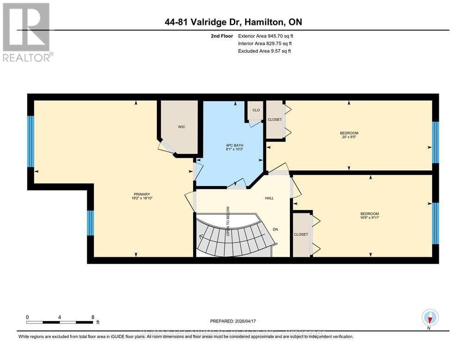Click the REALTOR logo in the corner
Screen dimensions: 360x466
(x=27, y=32)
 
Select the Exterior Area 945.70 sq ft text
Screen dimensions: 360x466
(x=266, y=36)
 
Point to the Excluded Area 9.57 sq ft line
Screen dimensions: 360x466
(x=264, y=51)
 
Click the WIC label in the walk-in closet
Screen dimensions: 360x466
(x=182, y=127)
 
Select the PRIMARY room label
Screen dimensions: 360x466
(x=142, y=194)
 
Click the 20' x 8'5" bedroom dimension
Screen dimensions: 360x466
(x=349, y=137)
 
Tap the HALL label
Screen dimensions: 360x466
(x=269, y=198)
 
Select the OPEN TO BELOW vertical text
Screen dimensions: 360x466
(x=227, y=221)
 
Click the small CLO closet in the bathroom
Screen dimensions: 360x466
(x=255, y=111)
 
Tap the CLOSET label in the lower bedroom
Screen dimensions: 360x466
(x=301, y=235)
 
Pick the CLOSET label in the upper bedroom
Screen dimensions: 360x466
(x=275, y=120)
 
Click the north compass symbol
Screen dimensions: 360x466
(x=430, y=318)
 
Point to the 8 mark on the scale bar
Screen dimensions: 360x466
(x=93, y=317)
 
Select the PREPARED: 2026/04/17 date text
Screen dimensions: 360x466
(x=233, y=321)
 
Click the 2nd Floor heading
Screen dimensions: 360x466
(x=220, y=36)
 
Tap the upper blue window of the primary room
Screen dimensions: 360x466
(x=31, y=141)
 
